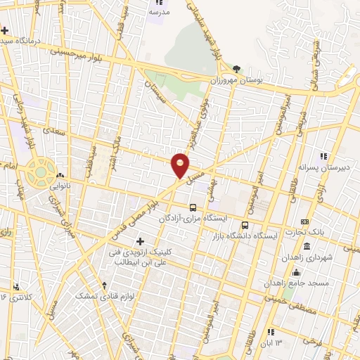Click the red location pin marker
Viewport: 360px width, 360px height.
click(x=181, y=165)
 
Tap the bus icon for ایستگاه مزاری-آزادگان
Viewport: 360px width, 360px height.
click(x=193, y=207)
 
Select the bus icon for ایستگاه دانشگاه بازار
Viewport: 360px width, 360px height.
click(x=245, y=225)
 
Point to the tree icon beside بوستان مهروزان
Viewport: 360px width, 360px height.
click(x=236, y=69)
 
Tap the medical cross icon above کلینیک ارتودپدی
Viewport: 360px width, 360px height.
click(x=140, y=242)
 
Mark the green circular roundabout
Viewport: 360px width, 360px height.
click(x=41, y=172)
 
